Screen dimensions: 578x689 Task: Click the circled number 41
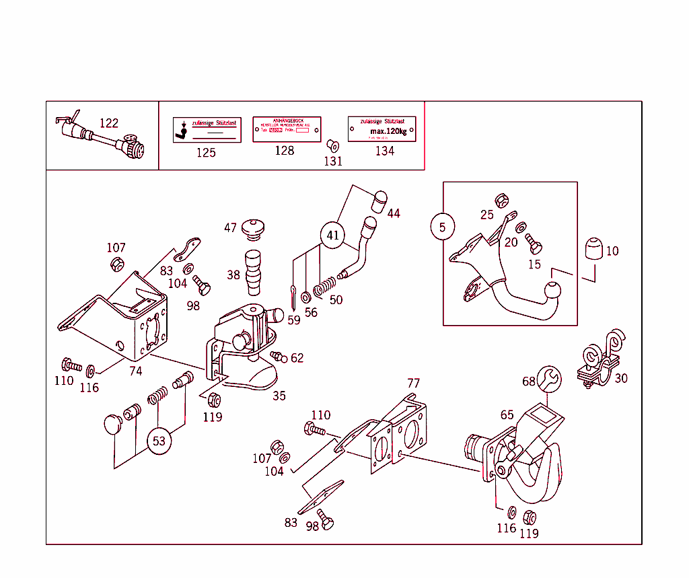click(x=333, y=236)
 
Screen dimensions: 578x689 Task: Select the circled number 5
click(x=442, y=227)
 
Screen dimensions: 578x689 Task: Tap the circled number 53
click(x=159, y=441)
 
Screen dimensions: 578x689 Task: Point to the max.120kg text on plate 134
click(x=388, y=131)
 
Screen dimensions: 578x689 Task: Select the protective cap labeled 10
click(x=593, y=251)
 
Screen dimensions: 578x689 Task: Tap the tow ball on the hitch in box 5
click(x=553, y=291)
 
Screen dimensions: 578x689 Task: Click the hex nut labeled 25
click(x=501, y=200)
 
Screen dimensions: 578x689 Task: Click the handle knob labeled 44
click(x=380, y=200)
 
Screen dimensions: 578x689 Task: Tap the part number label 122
click(x=108, y=123)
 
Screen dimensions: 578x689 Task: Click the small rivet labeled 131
click(x=332, y=145)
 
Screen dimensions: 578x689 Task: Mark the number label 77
click(x=413, y=383)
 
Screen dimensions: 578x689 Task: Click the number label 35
click(x=279, y=396)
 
